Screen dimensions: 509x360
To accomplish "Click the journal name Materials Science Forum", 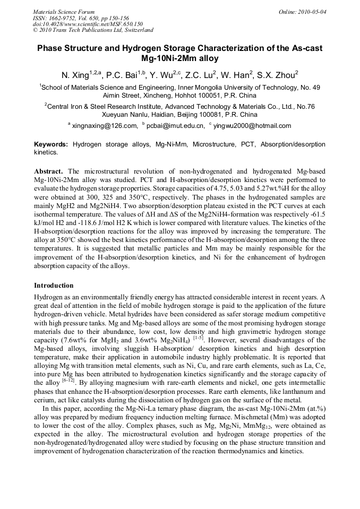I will click(x=64, y=11).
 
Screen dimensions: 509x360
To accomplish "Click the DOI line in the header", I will click(x=88, y=24).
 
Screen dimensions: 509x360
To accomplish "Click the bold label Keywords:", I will click(x=51, y=144).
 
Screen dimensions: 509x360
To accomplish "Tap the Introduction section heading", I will click(x=54, y=285).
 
